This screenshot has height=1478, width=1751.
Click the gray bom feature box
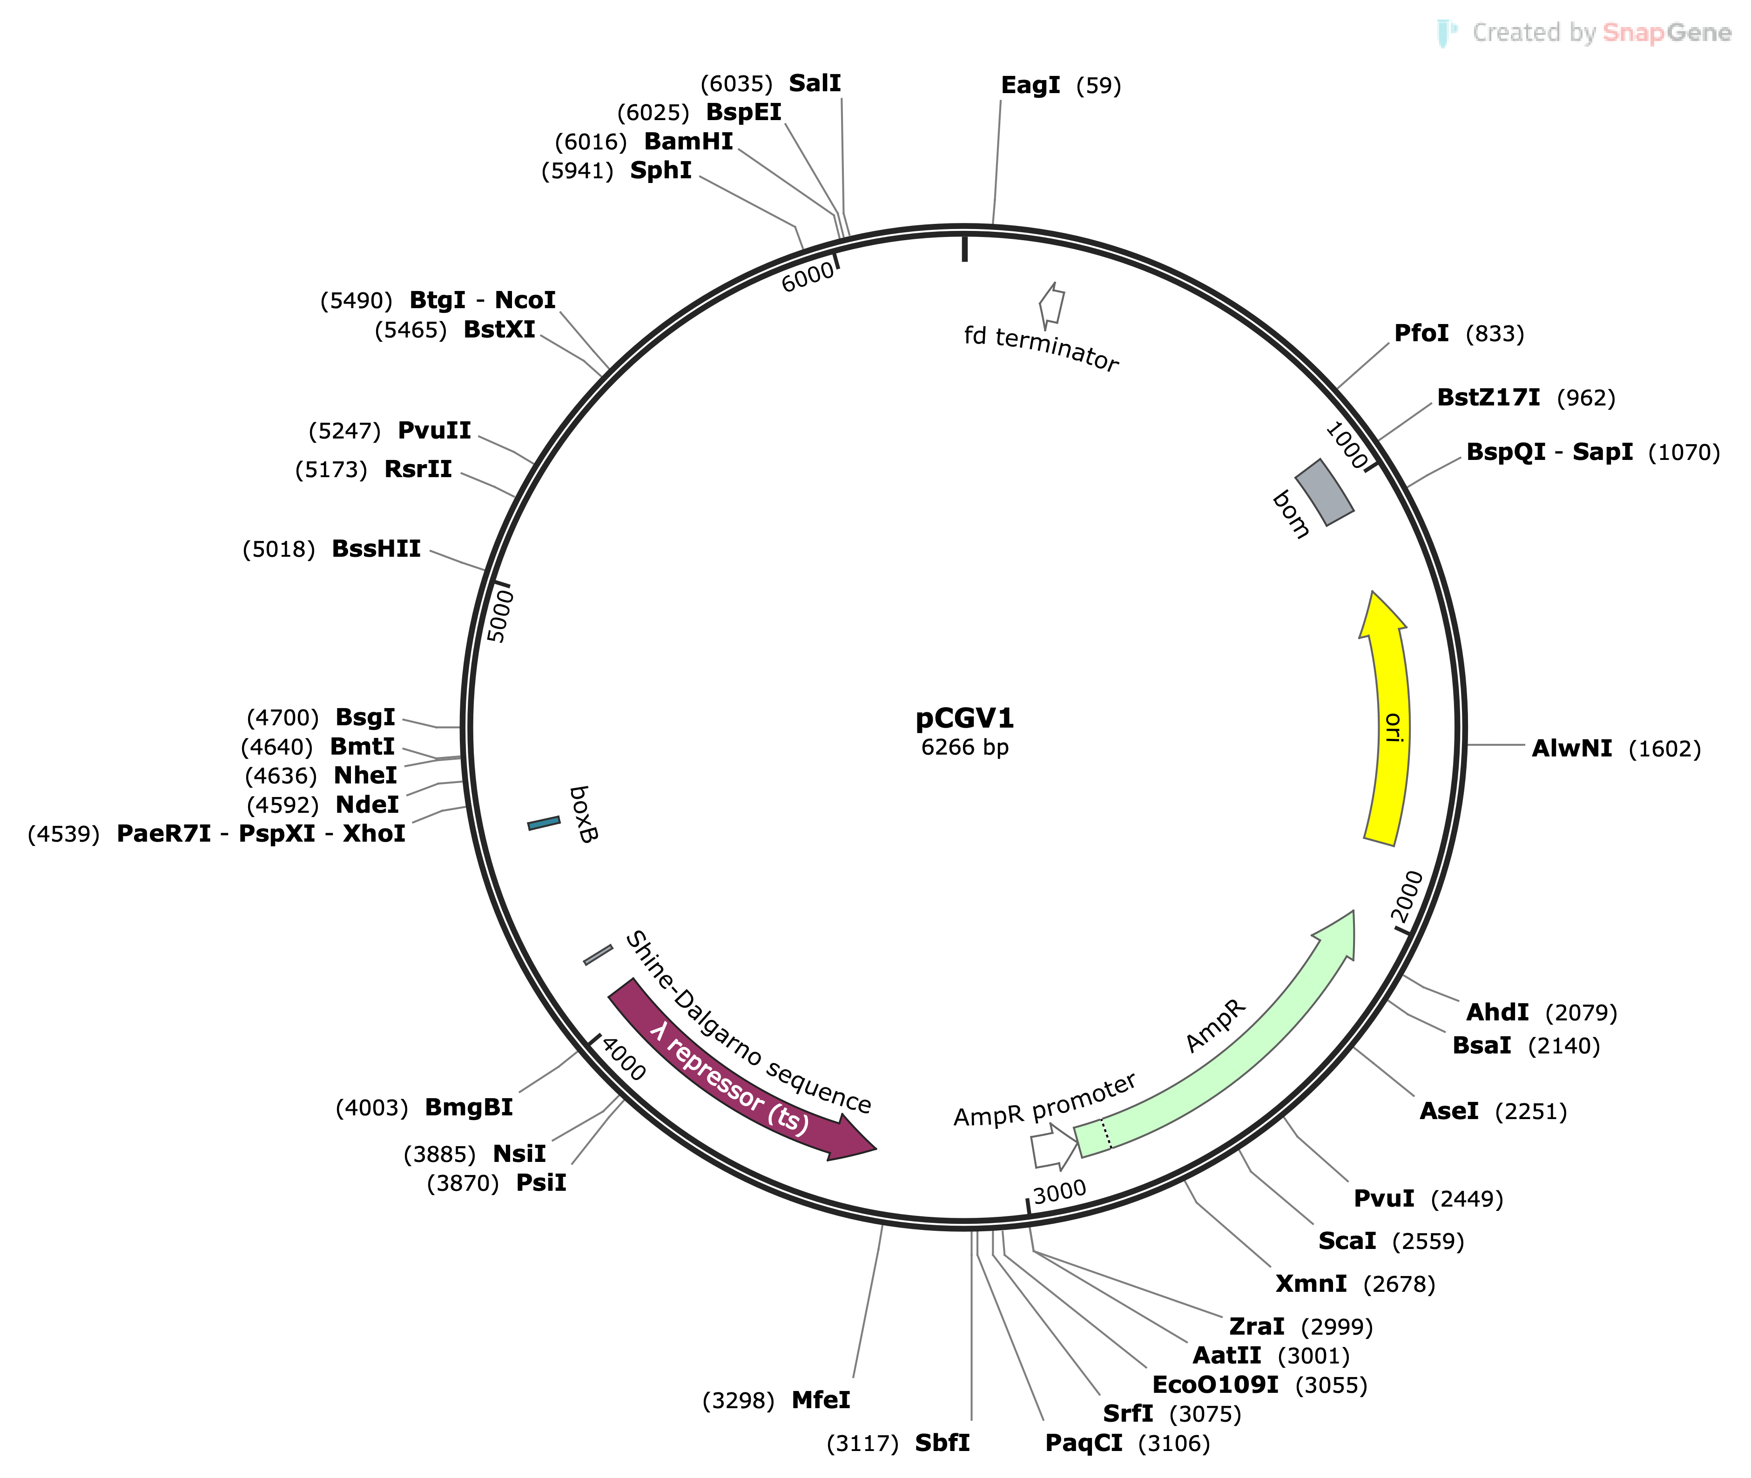coord(1324,492)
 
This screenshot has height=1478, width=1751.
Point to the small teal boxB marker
coord(544,823)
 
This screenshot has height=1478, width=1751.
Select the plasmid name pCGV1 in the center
coord(964,718)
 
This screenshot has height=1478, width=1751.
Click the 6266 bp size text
coord(964,747)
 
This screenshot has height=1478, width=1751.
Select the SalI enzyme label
coord(815,83)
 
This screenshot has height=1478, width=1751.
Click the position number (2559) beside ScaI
coord(1428,1241)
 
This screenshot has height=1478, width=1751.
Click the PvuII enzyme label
coord(434,431)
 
